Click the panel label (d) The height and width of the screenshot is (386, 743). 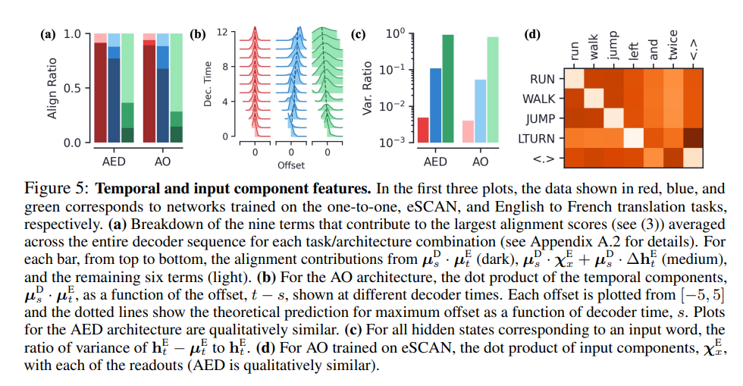pos(533,34)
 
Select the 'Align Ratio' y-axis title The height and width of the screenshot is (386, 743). pos(54,88)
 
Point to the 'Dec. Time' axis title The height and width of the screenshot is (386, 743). pos(208,84)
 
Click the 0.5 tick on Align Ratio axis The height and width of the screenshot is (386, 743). pos(74,88)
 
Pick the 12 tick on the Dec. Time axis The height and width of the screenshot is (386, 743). pos(222,33)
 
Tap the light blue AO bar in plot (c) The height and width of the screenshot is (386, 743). pos(480,111)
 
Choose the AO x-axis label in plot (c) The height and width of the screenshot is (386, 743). pos(481,162)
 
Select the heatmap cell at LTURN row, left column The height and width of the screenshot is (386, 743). pos(634,139)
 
